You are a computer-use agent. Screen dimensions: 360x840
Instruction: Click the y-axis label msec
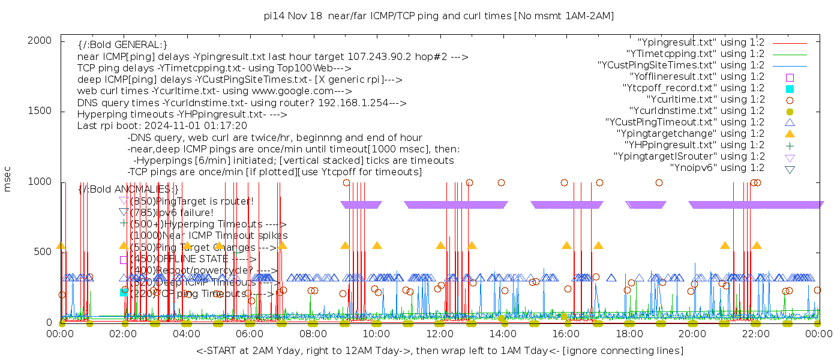pyautogui.click(x=8, y=179)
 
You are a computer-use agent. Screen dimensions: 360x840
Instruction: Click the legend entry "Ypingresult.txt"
pyautogui.click(x=701, y=43)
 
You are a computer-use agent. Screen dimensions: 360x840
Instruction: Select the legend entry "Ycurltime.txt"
pyautogui.click(x=705, y=100)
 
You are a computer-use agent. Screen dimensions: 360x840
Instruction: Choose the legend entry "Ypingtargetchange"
pyautogui.click(x=695, y=134)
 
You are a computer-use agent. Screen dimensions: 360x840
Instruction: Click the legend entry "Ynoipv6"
pyautogui.click(x=717, y=168)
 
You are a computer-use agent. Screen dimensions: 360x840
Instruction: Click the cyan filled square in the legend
pyautogui.click(x=790, y=89)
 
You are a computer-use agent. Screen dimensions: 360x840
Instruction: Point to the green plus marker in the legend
pyautogui.click(x=790, y=145)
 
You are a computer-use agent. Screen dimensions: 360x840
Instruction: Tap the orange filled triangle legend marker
pyautogui.click(x=790, y=134)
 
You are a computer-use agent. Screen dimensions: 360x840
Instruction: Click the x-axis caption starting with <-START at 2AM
pyautogui.click(x=439, y=350)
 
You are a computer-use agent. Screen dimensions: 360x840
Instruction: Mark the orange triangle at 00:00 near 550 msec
pyautogui.click(x=61, y=245)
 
